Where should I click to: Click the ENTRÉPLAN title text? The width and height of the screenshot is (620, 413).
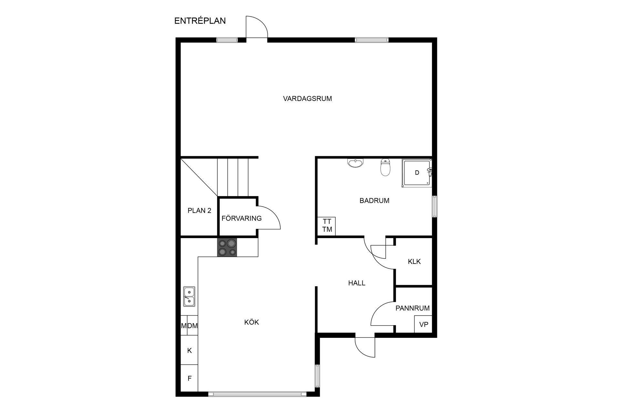coord(200,21)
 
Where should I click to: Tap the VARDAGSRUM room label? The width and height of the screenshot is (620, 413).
coord(307,99)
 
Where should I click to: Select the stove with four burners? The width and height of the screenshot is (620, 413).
coord(227,247)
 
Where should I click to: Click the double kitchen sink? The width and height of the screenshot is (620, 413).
coord(189,297)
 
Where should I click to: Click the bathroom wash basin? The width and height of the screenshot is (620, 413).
coord(356,163)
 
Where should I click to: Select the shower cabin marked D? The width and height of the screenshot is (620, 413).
coord(417,173)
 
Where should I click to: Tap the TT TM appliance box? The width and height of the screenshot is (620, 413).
coord(327,226)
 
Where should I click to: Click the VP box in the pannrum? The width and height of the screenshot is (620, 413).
coord(423,324)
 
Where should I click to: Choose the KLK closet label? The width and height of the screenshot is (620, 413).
coord(414,262)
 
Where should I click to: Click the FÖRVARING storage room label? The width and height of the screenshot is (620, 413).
coord(242,218)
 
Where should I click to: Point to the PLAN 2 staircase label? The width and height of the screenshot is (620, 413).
coord(199,211)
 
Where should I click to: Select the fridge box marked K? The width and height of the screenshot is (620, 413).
coord(189,350)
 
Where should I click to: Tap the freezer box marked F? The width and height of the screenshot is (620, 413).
coord(189,378)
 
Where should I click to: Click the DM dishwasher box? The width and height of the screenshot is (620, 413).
coord(192,326)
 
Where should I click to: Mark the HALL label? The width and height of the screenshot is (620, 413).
coord(356,283)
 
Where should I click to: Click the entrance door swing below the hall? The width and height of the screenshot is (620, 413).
coord(365,347)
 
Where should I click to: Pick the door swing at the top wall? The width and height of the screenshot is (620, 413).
coord(257,27)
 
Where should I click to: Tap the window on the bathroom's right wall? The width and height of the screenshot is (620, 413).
coord(435,206)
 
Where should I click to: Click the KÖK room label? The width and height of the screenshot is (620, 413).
coord(252,322)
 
